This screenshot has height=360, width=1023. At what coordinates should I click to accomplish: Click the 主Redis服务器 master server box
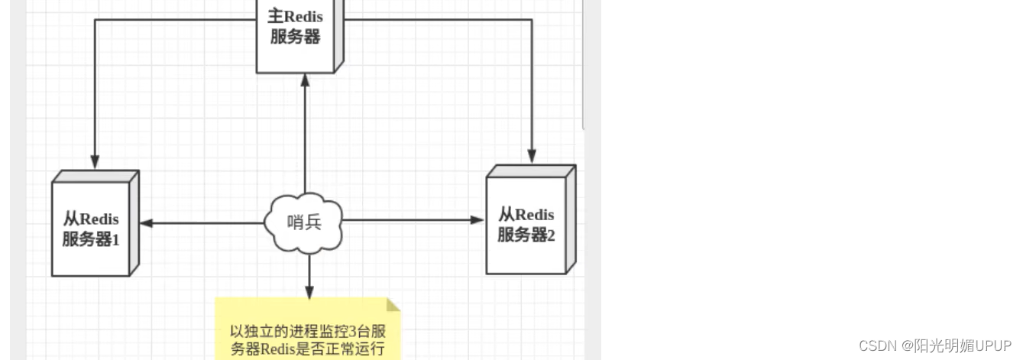(296, 34)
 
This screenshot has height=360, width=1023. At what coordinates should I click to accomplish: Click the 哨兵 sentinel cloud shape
(304, 222)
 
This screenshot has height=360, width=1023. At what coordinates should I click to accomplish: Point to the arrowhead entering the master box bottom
(305, 80)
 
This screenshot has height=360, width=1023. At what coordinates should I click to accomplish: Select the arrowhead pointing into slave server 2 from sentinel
(478, 220)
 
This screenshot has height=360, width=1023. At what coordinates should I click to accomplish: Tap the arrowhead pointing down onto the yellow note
(309, 292)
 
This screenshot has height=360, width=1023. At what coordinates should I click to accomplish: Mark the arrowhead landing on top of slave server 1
(95, 162)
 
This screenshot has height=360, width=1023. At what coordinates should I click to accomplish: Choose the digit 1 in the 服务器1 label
(116, 240)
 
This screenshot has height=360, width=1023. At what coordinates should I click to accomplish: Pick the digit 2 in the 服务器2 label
(550, 235)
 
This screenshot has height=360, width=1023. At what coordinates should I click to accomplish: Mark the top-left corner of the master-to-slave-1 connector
(95, 20)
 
